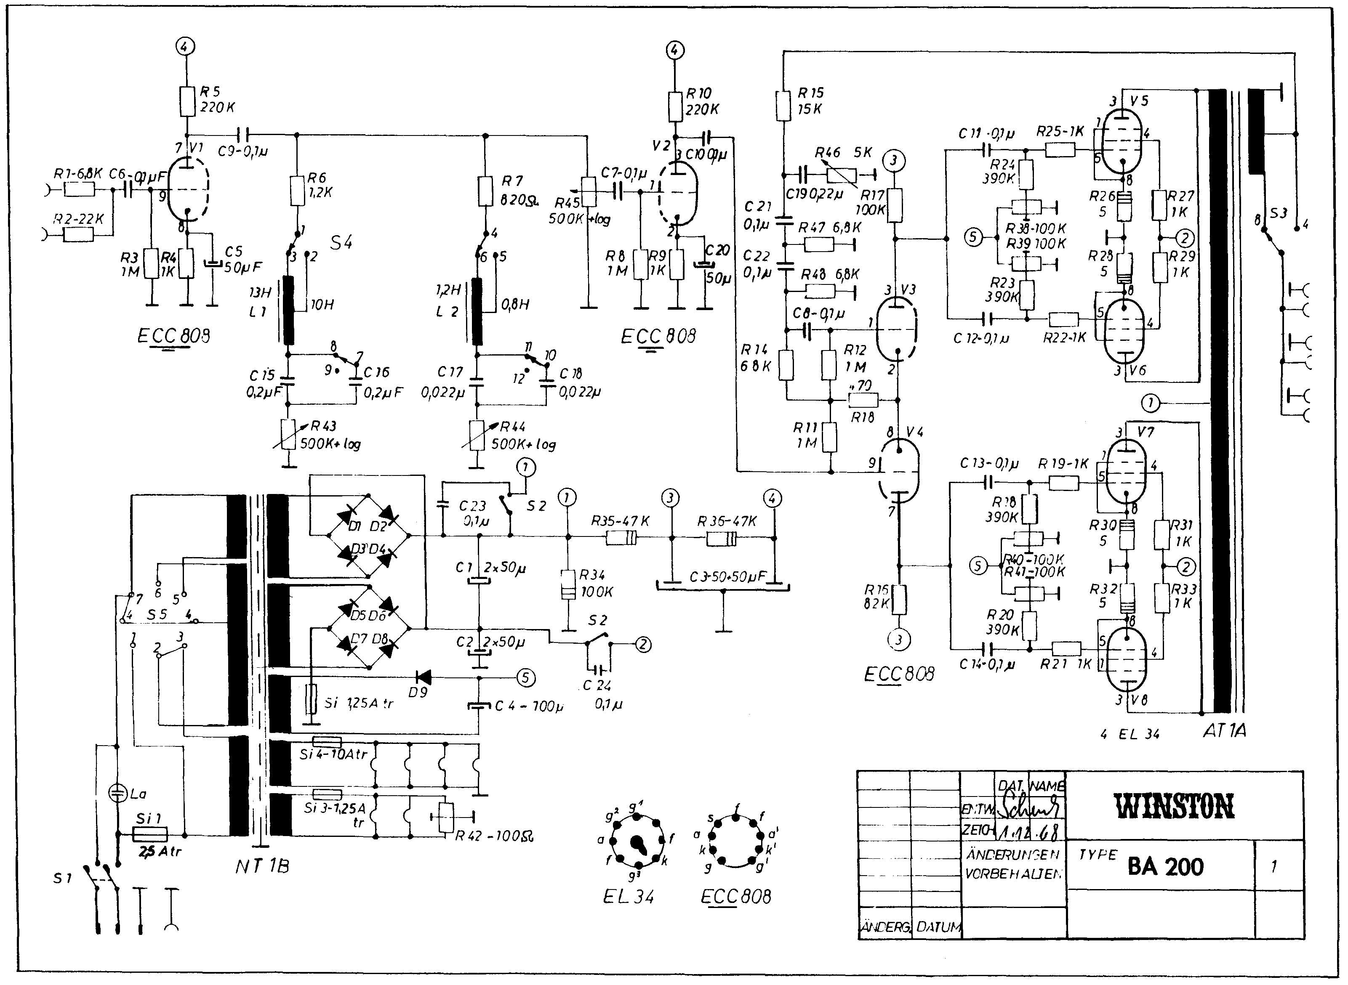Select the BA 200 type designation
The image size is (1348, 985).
(x=1165, y=866)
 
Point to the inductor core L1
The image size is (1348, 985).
(x=289, y=311)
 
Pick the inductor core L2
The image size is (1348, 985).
(x=477, y=311)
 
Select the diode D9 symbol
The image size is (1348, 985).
(x=424, y=677)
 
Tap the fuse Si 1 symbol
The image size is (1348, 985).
(x=149, y=834)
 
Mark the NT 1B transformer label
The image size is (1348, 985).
(x=262, y=866)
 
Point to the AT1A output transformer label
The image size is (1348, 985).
(x=1224, y=731)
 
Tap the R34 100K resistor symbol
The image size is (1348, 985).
(x=568, y=584)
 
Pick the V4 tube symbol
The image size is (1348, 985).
(x=900, y=471)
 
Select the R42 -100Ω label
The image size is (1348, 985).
(x=494, y=836)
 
